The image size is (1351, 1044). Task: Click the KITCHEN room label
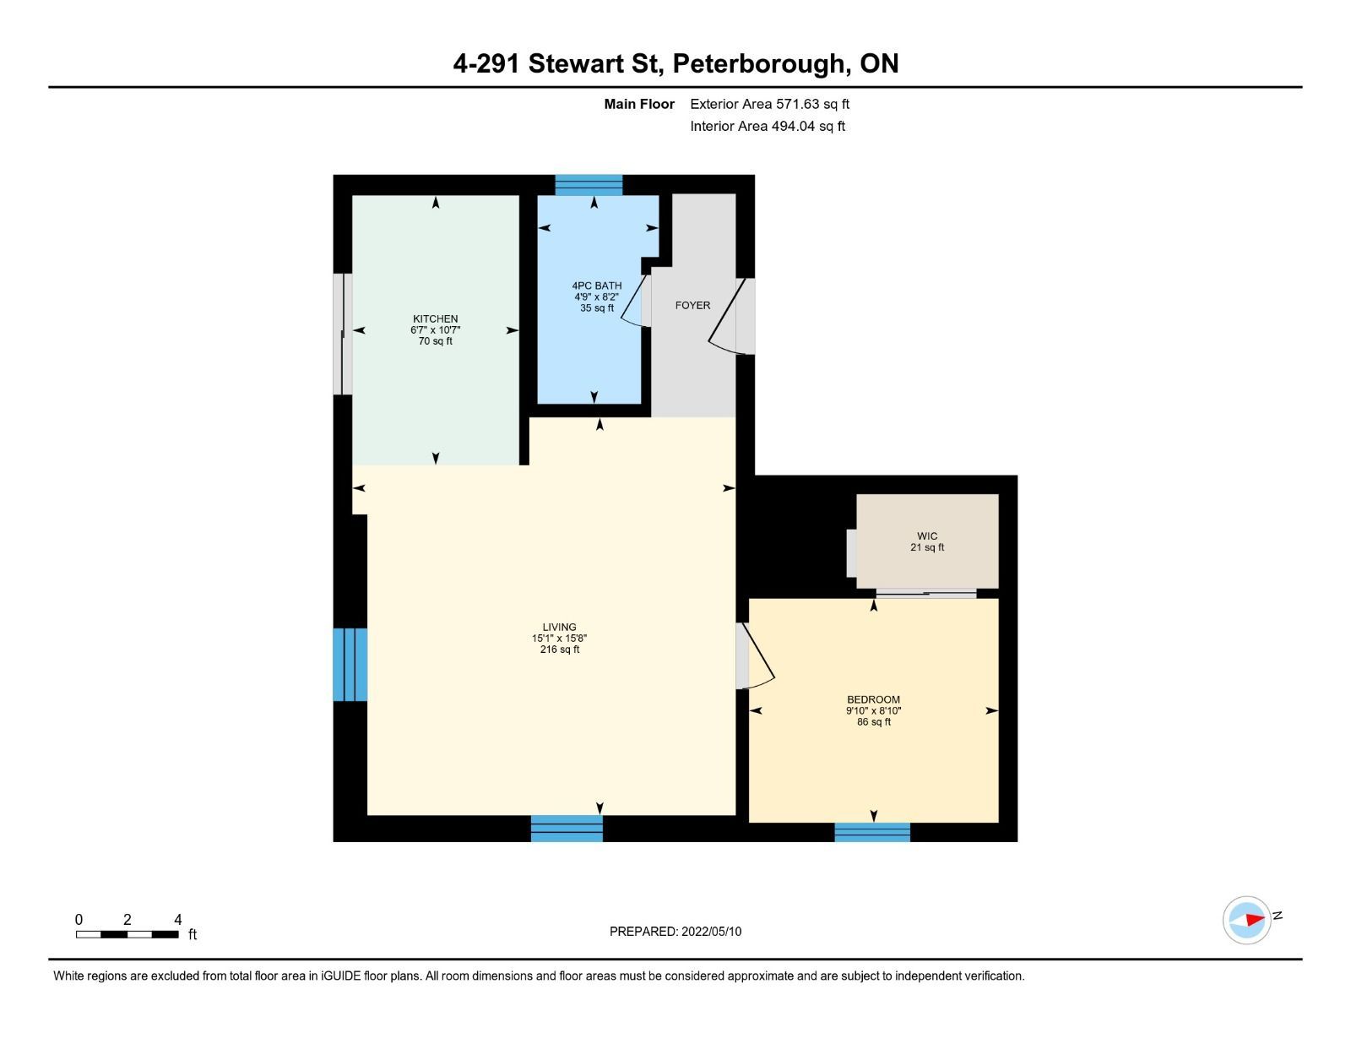click(435, 319)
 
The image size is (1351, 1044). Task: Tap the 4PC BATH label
click(597, 286)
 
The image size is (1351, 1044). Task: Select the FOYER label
click(692, 305)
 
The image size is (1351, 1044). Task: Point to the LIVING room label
click(560, 628)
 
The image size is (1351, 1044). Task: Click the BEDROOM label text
click(874, 699)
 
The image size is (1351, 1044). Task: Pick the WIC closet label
click(927, 536)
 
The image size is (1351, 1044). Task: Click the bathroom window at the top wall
click(589, 185)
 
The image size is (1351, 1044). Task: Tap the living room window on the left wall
click(350, 665)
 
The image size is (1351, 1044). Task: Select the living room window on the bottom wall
click(567, 829)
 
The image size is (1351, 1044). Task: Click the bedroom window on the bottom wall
click(872, 833)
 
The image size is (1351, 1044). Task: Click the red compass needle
click(1256, 919)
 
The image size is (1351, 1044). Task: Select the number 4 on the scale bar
click(178, 920)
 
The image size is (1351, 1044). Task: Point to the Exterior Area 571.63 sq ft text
click(770, 105)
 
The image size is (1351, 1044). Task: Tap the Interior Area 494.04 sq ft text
click(768, 126)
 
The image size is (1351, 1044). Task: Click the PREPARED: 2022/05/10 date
click(675, 932)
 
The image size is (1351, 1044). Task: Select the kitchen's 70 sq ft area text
click(435, 341)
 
